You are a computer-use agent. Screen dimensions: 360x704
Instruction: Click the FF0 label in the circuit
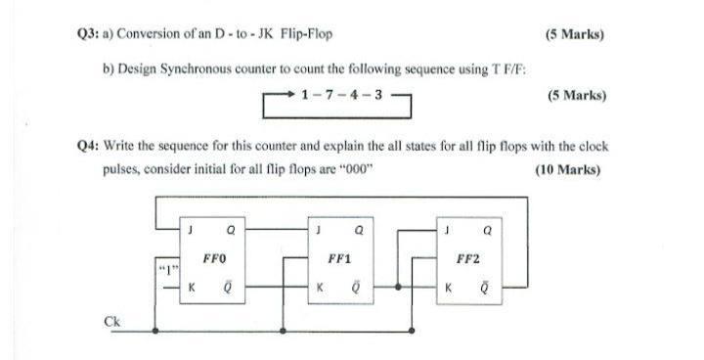214,261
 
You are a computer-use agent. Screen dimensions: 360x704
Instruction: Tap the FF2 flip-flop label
467,261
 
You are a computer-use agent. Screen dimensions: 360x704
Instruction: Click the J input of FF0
192,233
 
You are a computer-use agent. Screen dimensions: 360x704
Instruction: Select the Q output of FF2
485,233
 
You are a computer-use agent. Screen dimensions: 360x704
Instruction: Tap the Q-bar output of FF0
231,289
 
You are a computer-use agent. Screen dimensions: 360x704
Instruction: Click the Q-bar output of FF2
485,289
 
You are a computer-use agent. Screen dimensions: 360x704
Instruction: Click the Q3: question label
89,35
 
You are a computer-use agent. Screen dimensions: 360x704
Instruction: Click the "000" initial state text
351,168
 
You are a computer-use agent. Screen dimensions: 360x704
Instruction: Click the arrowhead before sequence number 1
290,96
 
